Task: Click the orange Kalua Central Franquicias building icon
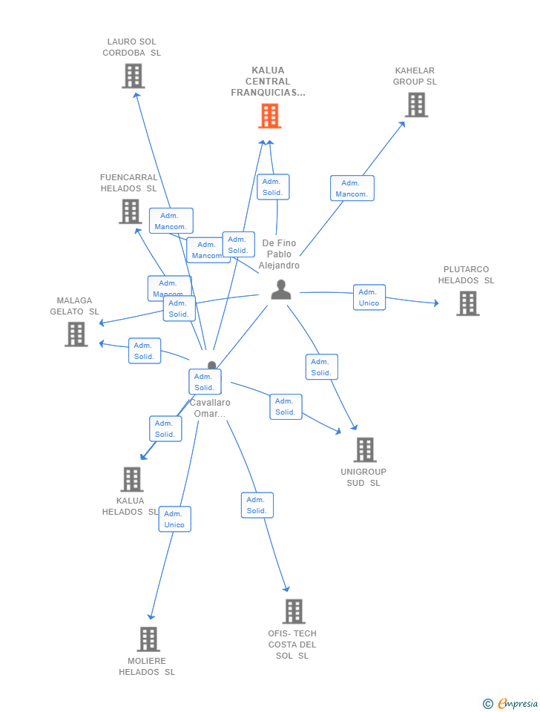[269, 116]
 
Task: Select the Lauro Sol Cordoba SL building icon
[133, 76]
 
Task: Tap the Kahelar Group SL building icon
[416, 105]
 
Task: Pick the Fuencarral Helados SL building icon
[131, 211]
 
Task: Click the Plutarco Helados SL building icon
[467, 303]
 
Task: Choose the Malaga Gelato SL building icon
[76, 334]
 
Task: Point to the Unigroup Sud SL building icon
[364, 449]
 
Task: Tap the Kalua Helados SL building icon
[131, 479]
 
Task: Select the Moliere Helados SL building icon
[148, 639]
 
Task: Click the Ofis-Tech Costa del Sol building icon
[294, 611]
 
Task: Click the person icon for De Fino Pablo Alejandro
[281, 289]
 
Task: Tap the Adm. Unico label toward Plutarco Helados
[369, 297]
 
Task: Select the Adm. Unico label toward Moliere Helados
[174, 519]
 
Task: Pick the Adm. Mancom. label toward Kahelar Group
[352, 188]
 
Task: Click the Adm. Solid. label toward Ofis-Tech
[257, 505]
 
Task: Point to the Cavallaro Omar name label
[210, 408]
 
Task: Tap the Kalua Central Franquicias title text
[268, 82]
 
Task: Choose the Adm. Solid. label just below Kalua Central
[272, 187]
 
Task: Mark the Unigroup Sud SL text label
[363, 477]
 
